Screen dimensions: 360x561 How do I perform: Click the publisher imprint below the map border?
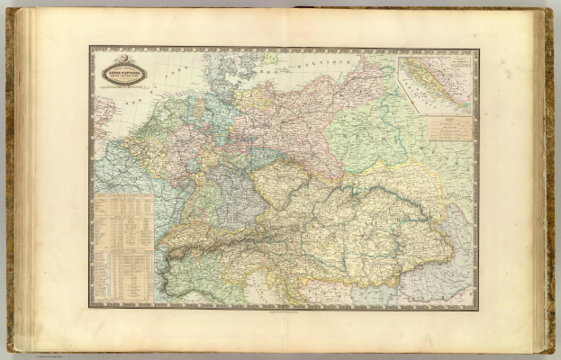(x=284, y=311)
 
